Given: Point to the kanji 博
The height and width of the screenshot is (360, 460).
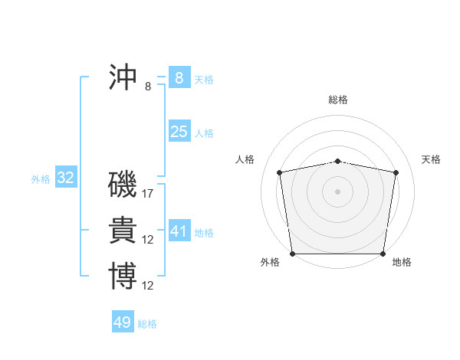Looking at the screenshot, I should [123, 276].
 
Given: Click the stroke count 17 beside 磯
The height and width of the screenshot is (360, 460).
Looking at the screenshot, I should [148, 194].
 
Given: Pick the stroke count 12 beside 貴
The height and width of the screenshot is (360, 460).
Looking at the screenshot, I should [148, 240].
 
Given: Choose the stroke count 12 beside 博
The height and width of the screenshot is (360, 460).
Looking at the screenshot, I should [148, 286].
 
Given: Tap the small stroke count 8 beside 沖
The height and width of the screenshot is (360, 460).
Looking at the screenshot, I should [148, 87].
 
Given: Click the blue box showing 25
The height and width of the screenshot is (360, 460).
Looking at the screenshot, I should [179, 132].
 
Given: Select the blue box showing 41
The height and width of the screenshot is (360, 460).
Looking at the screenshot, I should [179, 231].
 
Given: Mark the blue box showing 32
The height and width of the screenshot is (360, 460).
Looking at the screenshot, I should [65, 178].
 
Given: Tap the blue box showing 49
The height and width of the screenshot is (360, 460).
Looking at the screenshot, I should [122, 322].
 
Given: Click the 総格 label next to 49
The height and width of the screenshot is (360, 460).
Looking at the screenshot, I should [147, 324].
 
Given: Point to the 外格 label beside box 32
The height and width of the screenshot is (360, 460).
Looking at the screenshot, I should [41, 179].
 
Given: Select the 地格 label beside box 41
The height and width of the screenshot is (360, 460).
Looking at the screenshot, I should [204, 232].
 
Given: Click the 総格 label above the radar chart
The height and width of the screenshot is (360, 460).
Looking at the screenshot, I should [338, 100].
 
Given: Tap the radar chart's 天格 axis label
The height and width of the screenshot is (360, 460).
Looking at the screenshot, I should [431, 159].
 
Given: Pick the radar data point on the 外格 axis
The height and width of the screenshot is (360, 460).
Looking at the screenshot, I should [292, 254].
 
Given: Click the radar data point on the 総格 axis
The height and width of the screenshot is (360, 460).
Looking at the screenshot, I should [338, 161].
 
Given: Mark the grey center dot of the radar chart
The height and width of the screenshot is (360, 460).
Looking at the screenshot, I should [338, 191].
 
